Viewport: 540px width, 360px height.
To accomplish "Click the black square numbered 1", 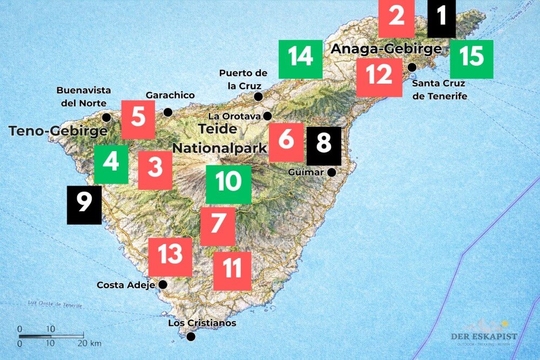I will [x=441, y=18].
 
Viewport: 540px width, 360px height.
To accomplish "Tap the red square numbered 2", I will [x=396, y=18].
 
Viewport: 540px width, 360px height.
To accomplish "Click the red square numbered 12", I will [x=379, y=77].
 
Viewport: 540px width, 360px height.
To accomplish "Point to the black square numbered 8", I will [x=324, y=146].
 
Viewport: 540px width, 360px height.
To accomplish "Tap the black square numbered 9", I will [x=84, y=205].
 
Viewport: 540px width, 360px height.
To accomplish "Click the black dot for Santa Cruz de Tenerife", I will [x=412, y=67].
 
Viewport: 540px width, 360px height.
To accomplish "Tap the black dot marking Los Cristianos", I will [x=191, y=337].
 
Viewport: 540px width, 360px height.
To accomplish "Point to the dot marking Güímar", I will [x=332, y=172].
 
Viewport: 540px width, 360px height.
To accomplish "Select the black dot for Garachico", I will [x=168, y=112].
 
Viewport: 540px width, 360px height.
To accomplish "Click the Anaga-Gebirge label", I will [x=386, y=49].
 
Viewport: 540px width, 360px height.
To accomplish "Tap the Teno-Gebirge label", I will [x=57, y=131].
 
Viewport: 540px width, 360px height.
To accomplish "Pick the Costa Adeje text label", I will [x=126, y=284].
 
